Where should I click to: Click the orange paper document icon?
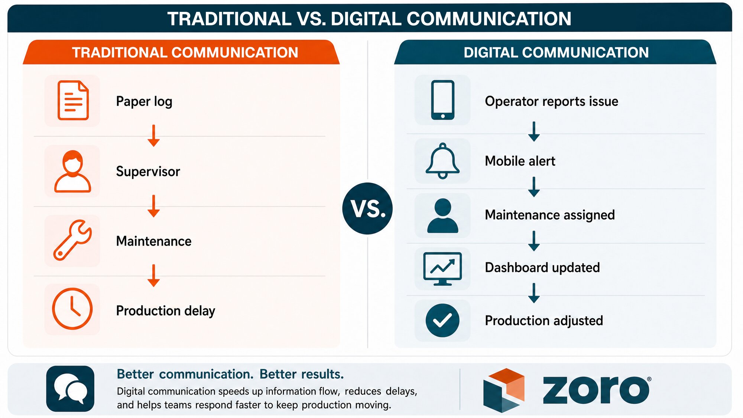[73, 100]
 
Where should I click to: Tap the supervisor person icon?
[72, 171]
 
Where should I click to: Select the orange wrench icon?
[72, 240]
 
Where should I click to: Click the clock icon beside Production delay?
[72, 308]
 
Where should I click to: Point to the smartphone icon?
[442, 100]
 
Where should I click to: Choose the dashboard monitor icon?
[442, 269]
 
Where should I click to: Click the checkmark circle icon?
[442, 320]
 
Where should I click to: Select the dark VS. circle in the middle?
[367, 208]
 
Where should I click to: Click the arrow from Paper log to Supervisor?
[153, 136]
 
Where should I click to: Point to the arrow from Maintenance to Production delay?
[153, 275]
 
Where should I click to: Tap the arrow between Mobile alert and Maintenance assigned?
[534, 187]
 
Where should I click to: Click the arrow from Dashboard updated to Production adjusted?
[534, 293]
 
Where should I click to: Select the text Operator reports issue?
[551, 101]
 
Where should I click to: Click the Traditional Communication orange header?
[181, 52]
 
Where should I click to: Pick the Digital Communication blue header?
[555, 52]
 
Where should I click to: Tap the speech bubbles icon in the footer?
[70, 389]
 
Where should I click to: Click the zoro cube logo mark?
[504, 390]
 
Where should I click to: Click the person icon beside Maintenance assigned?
[442, 216]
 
